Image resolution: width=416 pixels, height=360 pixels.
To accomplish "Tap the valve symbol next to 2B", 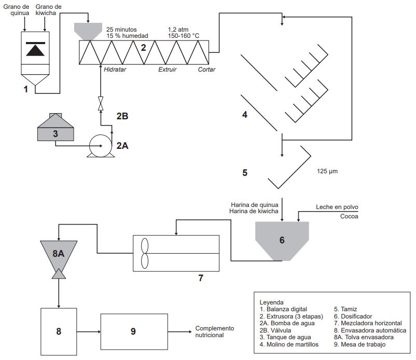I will point(101,103).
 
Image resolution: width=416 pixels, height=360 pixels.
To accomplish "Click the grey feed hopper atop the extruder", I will point(88,31).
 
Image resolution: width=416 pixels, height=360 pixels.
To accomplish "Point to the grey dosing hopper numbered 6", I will point(282,240).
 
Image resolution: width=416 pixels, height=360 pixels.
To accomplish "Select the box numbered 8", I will point(59,331).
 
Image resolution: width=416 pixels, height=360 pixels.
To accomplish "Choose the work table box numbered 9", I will point(133,331).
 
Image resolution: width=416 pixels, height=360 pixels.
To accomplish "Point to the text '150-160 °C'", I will point(184,36).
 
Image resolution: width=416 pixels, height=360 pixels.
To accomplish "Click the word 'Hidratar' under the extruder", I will point(115,69).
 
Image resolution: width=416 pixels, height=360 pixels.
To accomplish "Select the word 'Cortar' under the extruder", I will point(207,69).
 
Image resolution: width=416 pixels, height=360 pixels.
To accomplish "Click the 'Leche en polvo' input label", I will point(337,207).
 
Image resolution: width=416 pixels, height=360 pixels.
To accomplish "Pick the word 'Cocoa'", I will point(349,216).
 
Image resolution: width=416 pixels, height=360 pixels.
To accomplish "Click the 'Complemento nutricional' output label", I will point(215,331).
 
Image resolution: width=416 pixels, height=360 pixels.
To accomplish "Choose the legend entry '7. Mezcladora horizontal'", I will point(368,323).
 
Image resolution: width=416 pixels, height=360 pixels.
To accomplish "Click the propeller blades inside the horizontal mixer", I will point(145,253).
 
